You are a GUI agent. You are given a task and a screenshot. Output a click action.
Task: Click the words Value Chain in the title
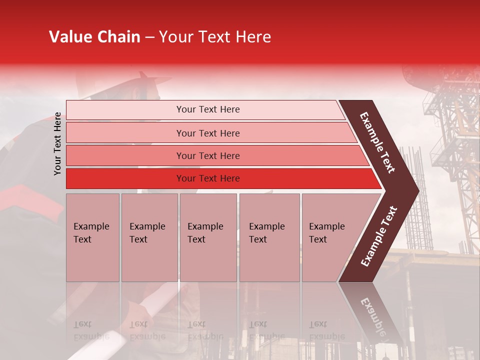click(94, 37)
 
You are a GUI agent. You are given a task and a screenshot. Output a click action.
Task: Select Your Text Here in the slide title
click(214, 37)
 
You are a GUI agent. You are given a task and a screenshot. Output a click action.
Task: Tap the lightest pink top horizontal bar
click(207, 109)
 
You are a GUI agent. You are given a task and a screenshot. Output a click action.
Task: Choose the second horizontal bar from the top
click(207, 133)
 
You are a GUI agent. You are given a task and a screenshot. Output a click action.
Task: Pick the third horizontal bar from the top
click(207, 155)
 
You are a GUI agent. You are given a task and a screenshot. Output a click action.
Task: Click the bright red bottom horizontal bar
click(207, 178)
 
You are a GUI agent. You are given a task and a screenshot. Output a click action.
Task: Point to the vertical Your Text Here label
click(57, 143)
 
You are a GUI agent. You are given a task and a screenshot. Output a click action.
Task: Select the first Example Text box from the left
click(92, 237)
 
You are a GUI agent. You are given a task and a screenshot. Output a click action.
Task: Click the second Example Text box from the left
click(149, 237)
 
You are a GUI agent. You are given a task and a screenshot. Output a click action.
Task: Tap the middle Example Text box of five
click(208, 237)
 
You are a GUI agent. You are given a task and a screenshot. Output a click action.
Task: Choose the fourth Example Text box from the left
click(269, 237)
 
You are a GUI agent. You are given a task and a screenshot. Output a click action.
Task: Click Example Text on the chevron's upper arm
click(377, 142)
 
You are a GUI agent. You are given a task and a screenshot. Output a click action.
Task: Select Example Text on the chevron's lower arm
click(378, 236)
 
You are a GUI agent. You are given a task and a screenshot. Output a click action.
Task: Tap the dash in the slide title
click(149, 37)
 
